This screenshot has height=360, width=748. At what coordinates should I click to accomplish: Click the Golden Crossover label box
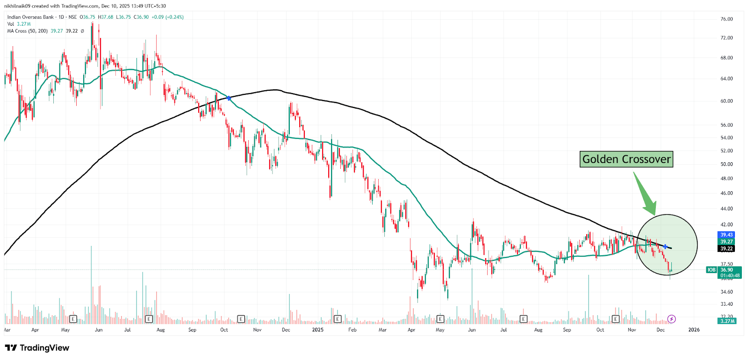(x=626, y=159)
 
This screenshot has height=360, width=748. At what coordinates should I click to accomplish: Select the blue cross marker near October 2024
(x=229, y=98)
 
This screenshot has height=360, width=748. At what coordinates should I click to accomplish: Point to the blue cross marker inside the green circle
(x=665, y=246)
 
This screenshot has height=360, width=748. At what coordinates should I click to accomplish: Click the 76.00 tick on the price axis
(x=726, y=19)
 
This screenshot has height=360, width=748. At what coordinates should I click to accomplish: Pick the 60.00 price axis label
(x=726, y=101)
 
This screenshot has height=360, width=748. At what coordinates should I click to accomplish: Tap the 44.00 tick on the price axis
(x=726, y=209)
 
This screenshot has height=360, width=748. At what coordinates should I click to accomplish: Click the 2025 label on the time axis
(x=318, y=330)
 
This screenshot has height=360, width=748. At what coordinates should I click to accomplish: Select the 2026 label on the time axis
(x=694, y=330)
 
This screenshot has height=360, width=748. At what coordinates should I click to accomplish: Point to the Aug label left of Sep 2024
(x=161, y=330)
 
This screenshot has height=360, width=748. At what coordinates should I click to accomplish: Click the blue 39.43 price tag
(x=726, y=235)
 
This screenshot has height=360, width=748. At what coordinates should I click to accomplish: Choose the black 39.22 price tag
(x=726, y=249)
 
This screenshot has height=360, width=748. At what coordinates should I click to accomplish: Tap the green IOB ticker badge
(x=711, y=270)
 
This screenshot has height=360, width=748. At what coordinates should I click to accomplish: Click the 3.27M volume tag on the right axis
(x=727, y=321)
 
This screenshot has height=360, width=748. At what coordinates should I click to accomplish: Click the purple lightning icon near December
(x=671, y=319)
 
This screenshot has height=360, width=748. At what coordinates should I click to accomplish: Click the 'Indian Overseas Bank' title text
(x=30, y=17)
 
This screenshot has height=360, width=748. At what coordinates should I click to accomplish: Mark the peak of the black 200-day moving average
(x=275, y=90)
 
